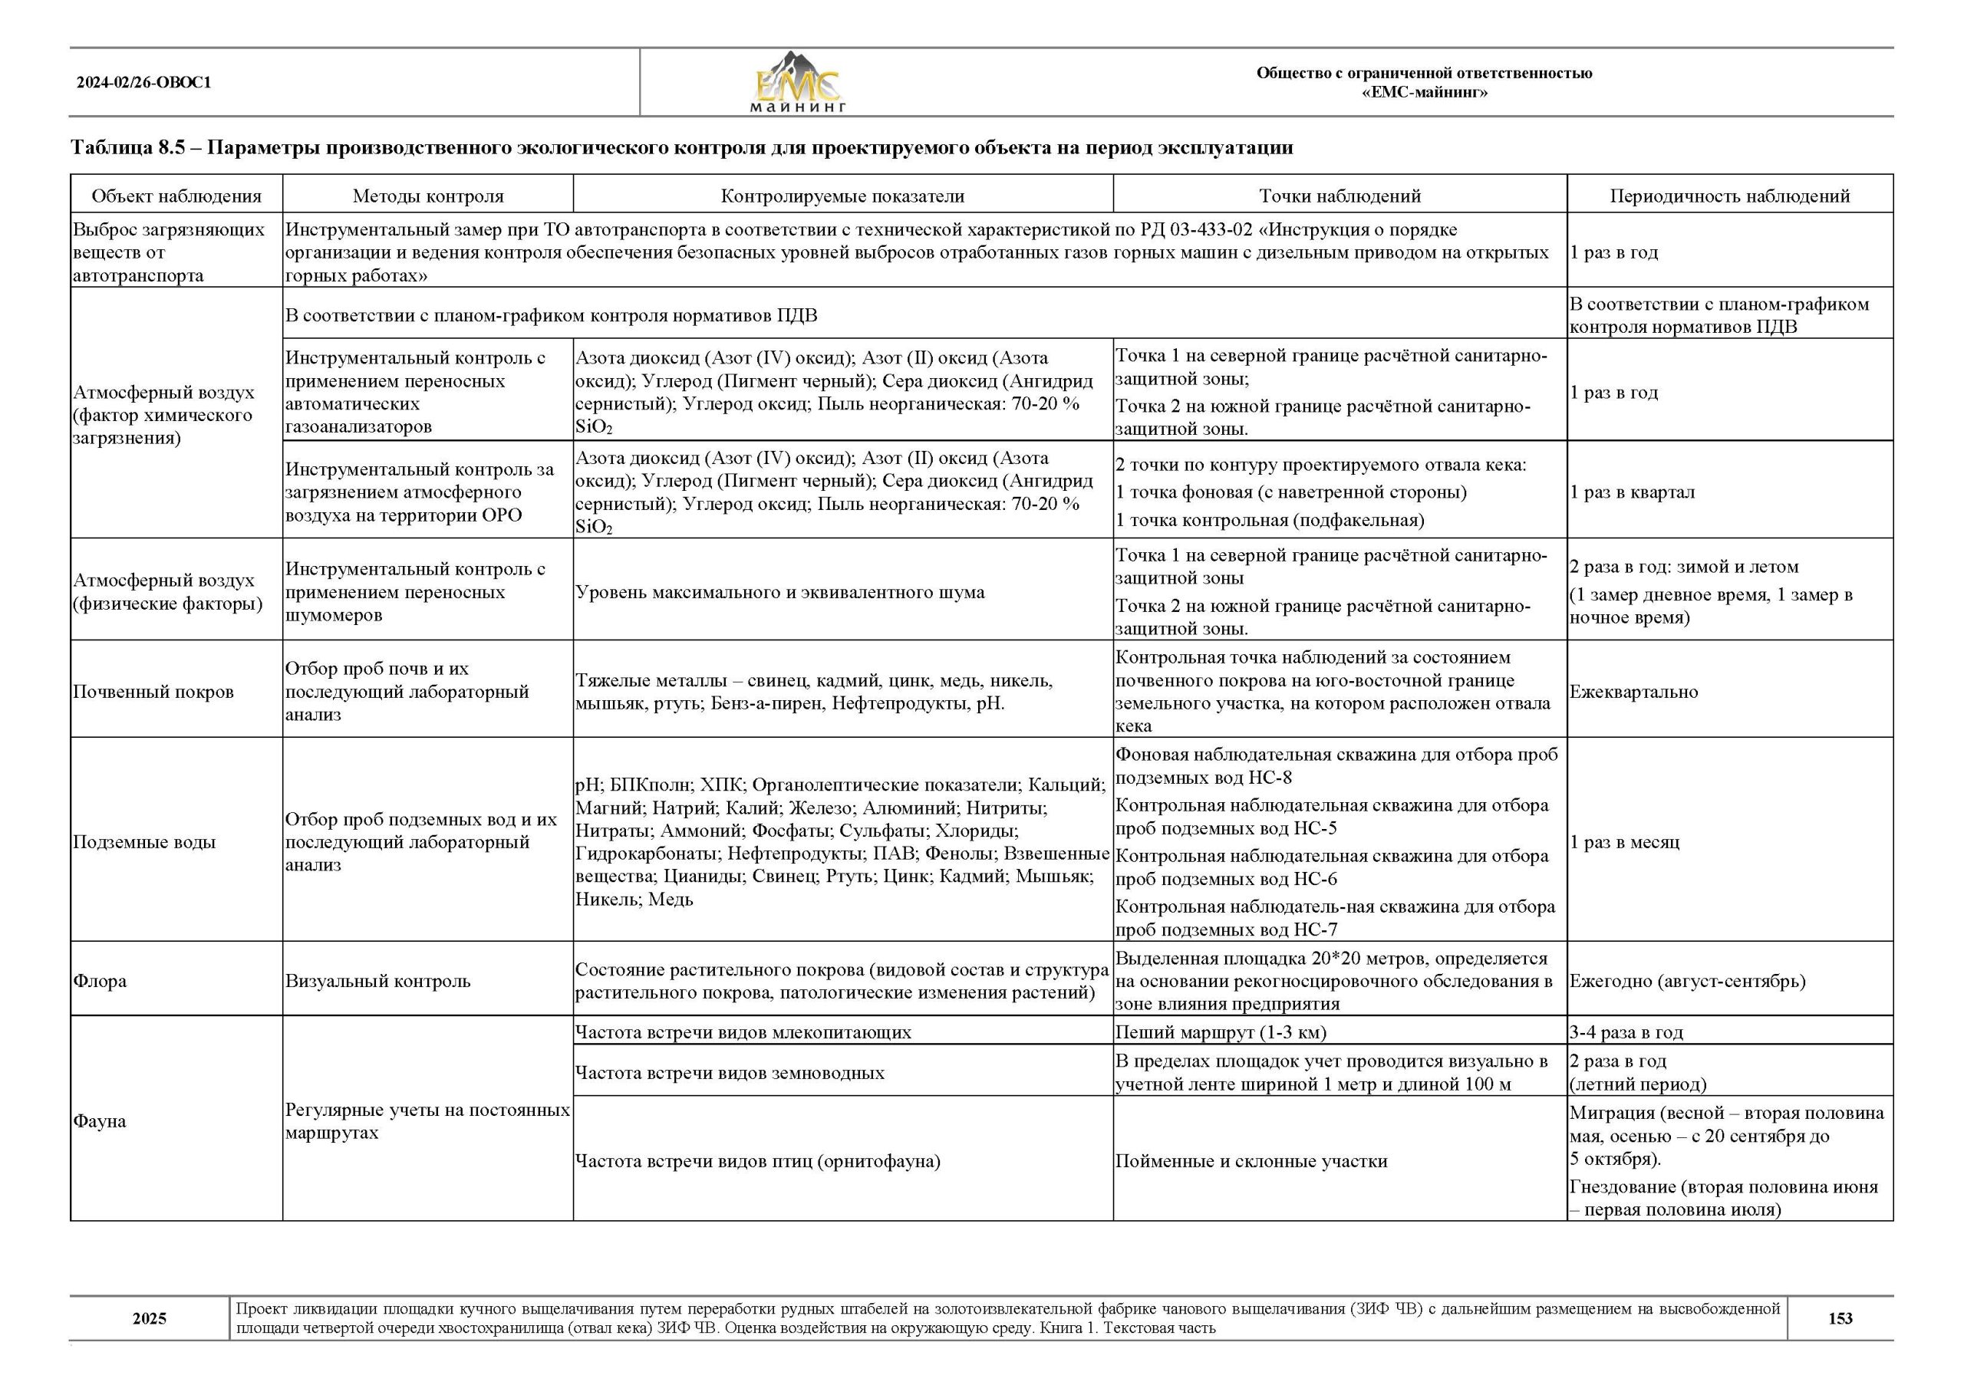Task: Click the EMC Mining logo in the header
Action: [798, 84]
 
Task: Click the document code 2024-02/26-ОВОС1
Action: [143, 84]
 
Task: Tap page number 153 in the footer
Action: [1840, 1318]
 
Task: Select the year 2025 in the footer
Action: [150, 1318]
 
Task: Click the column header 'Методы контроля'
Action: [428, 196]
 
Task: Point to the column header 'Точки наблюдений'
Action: [1340, 196]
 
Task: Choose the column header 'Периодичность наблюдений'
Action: [1729, 196]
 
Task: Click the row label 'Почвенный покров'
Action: [153, 692]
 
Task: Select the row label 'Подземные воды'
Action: [144, 842]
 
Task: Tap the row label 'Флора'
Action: [100, 981]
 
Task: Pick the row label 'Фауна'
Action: [101, 1121]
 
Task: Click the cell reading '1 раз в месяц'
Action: [1624, 842]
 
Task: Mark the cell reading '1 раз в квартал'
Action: [1633, 492]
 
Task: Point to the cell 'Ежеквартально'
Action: [1633, 692]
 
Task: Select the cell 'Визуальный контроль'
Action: [378, 981]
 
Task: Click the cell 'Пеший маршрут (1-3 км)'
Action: [1221, 1031]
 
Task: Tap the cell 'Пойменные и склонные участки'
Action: [1251, 1161]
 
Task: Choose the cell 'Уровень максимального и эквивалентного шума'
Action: [780, 592]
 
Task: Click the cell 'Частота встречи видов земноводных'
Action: [730, 1073]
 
